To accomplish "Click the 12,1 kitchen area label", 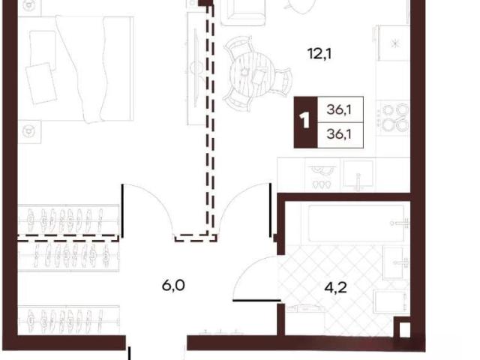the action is pyautogui.click(x=319, y=55).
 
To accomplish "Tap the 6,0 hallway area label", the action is pyautogui.click(x=173, y=286).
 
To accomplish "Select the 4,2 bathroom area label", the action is pyautogui.click(x=335, y=288).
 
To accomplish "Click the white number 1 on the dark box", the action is pyautogui.click(x=305, y=121).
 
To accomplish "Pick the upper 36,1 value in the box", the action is pyautogui.click(x=338, y=109).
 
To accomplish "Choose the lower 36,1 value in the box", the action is pyautogui.click(x=338, y=134).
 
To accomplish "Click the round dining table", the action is pyautogui.click(x=253, y=74).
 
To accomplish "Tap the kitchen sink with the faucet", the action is pyautogui.click(x=358, y=175).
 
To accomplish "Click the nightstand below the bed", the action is pyautogui.click(x=29, y=132).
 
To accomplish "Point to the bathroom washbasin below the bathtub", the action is pyautogui.click(x=396, y=263).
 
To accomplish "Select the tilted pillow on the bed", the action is pyautogui.click(x=42, y=83).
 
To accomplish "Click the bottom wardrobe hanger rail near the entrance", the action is pyautogui.click(x=68, y=320).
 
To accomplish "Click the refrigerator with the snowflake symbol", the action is pyautogui.click(x=394, y=43).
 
